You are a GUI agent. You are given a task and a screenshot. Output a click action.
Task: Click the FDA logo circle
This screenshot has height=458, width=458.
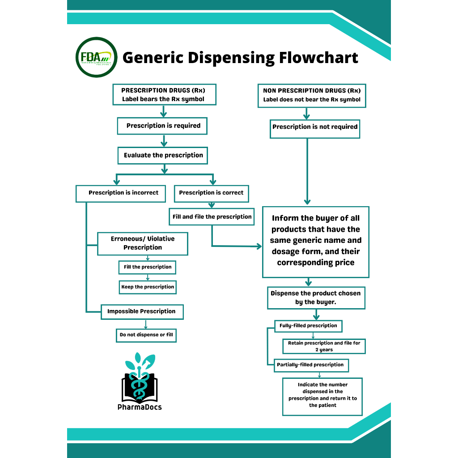[x=97, y=57]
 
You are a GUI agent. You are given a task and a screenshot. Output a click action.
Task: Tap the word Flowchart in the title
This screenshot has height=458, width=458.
[x=318, y=58]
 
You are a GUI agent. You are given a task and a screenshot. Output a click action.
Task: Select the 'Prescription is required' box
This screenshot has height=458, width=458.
[x=163, y=126]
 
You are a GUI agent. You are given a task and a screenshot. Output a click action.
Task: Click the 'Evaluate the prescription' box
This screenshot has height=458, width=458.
[x=163, y=155]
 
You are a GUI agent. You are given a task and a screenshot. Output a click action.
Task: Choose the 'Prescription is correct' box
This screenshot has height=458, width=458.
[x=211, y=193]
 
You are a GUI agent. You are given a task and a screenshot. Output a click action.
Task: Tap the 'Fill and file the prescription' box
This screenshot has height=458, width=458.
[x=212, y=216]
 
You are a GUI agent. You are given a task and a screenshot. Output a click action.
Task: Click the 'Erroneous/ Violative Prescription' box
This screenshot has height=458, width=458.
[x=143, y=243]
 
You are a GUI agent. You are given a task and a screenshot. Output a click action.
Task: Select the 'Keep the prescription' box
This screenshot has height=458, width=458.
[x=148, y=287]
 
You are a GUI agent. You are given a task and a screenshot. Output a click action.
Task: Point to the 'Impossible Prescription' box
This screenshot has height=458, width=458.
[x=141, y=311]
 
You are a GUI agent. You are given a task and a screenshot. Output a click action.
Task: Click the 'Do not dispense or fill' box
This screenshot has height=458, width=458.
[x=146, y=335]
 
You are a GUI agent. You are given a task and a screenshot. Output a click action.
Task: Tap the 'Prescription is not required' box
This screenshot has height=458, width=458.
[x=315, y=127]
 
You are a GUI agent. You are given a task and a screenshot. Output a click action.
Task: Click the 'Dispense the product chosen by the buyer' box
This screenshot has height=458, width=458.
[x=316, y=298]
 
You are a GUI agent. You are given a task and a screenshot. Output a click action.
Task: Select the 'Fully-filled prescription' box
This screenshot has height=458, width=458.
[x=308, y=326]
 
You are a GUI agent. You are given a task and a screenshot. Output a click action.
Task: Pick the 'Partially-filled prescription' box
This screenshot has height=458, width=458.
[x=310, y=365]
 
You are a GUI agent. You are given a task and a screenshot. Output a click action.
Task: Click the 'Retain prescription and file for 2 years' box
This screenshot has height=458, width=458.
[x=324, y=347]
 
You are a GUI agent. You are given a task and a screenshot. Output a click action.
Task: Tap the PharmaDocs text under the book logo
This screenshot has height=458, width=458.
[x=140, y=407]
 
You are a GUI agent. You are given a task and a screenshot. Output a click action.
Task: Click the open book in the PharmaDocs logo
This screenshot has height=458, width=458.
[x=139, y=388]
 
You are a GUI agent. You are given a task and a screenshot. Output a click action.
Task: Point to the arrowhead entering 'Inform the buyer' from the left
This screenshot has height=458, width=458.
[x=259, y=246]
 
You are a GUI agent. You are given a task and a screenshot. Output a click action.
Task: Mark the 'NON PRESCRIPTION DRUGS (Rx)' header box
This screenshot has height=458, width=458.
[x=312, y=95]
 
